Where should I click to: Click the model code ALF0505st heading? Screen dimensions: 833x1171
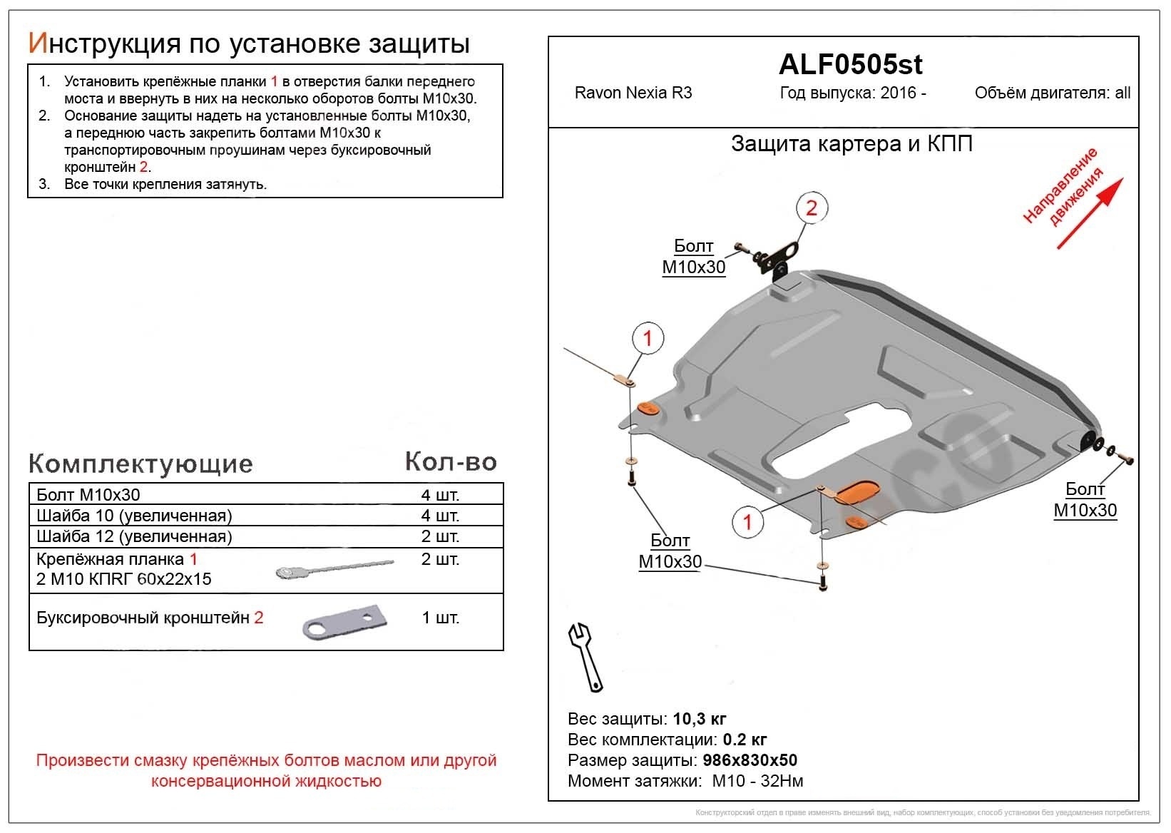(850, 65)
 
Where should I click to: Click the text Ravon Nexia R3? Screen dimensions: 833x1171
(633, 93)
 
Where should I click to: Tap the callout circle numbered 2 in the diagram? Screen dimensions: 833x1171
(811, 208)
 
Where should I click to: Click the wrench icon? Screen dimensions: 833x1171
(585, 657)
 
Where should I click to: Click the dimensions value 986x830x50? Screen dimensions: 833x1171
(750, 760)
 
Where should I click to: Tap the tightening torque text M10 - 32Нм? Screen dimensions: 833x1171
(757, 782)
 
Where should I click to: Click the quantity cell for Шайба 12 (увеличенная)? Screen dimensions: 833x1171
(440, 536)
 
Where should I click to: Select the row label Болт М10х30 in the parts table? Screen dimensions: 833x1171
(88, 495)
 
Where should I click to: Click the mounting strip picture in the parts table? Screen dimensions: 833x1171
(334, 568)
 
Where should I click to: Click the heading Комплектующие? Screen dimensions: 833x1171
(140, 464)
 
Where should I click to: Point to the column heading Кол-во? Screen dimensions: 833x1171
(451, 462)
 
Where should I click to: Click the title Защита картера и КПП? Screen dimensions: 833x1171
(852, 144)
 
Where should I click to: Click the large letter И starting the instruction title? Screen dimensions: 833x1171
(37, 44)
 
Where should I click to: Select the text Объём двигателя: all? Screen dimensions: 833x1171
(1053, 93)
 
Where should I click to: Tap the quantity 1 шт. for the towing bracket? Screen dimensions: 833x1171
(440, 618)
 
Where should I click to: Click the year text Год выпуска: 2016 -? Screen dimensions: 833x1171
(853, 93)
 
